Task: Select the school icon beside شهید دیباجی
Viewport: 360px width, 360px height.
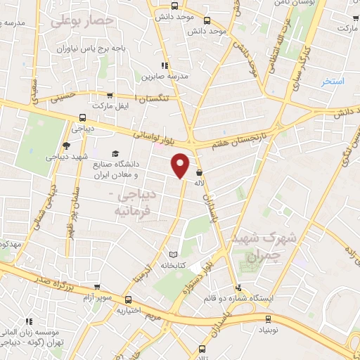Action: pyautogui.click(x=66, y=146)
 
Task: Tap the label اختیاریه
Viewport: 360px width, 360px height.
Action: pyautogui.click(x=130, y=309)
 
